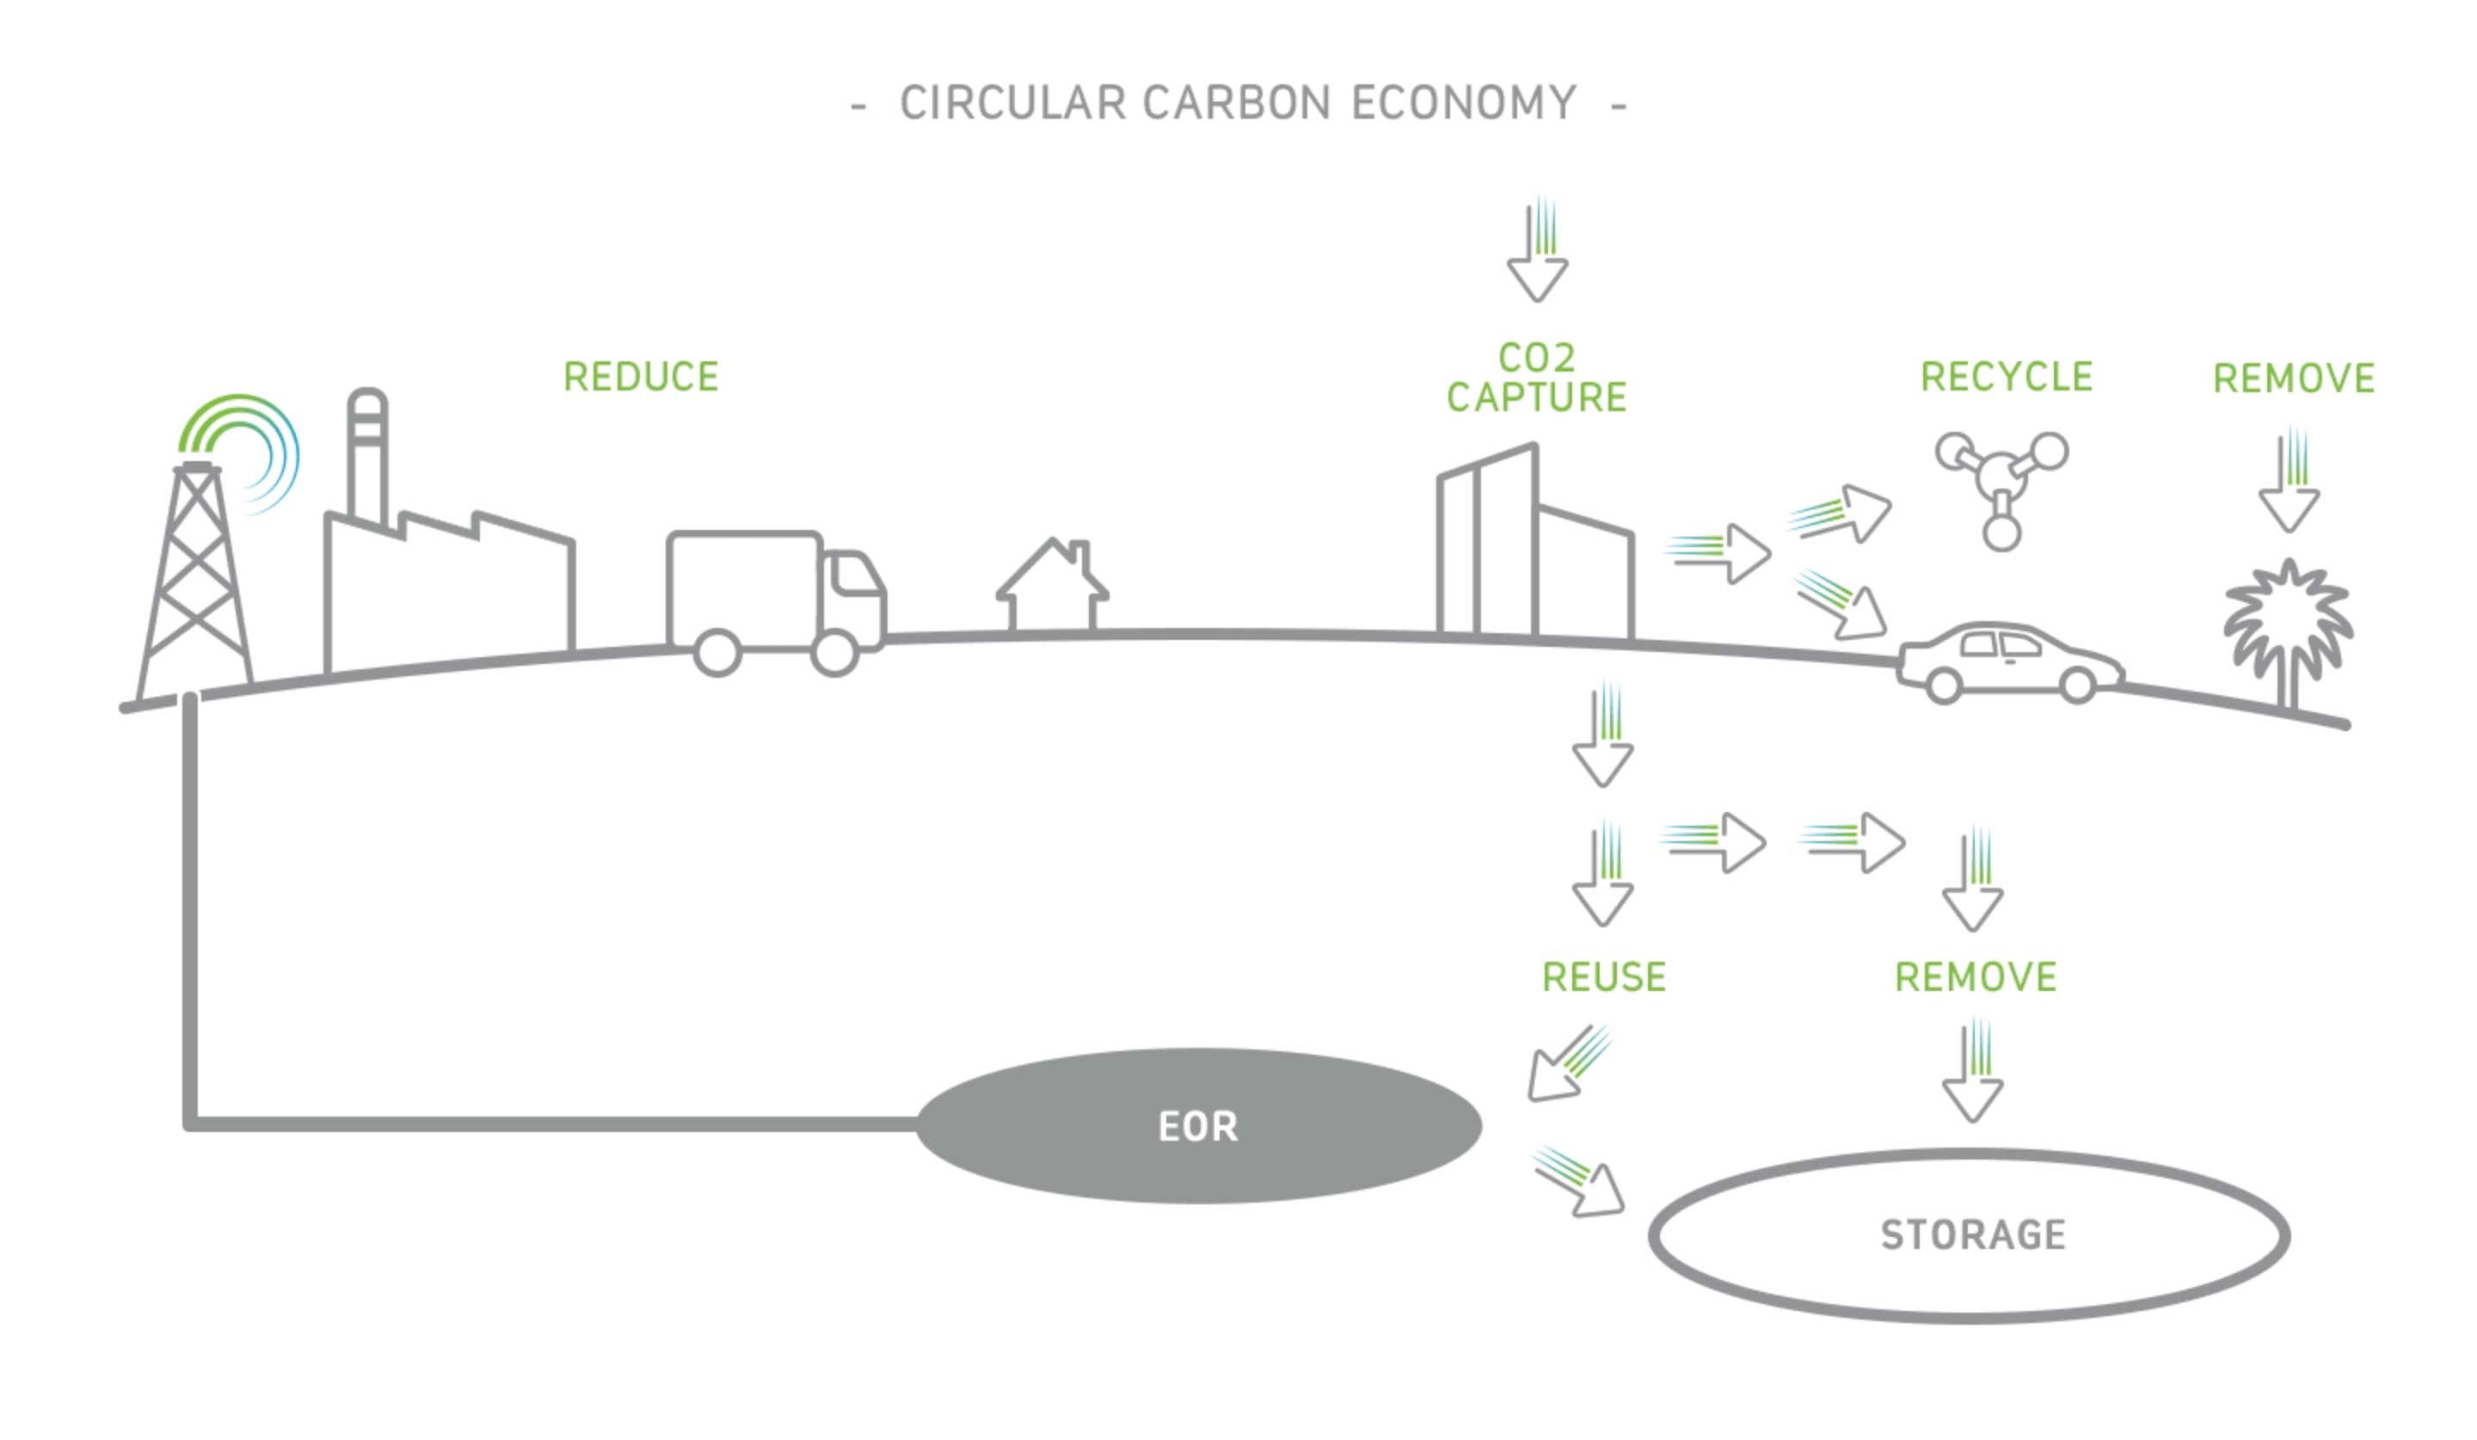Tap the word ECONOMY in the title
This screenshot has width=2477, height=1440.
coord(1464,103)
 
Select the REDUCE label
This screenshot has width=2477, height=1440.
coord(641,378)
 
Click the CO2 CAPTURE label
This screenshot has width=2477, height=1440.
coord(1536,378)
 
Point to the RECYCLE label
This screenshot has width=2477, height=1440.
coord(2007,378)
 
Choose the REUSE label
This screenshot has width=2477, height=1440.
coord(1604,978)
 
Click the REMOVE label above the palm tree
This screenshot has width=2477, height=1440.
coord(2293,378)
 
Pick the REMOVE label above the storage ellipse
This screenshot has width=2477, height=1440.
coord(1976,978)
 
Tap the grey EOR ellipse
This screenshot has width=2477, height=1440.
coord(1198,1126)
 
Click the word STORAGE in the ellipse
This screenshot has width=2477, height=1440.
coord(1973,1235)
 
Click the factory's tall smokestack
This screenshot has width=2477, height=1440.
coord(367,457)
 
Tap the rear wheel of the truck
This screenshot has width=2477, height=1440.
coord(716,654)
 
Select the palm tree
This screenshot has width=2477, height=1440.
coord(2289,629)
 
